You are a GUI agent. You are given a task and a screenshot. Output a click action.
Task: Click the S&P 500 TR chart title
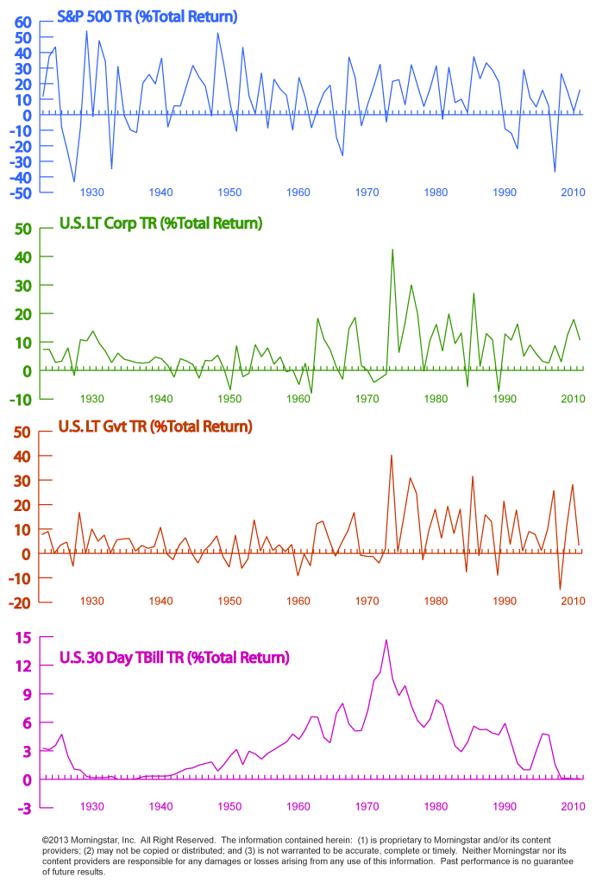tap(147, 16)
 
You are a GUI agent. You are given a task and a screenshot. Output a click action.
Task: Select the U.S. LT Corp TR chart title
tap(160, 224)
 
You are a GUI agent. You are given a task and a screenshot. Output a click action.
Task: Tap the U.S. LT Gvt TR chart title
tap(155, 426)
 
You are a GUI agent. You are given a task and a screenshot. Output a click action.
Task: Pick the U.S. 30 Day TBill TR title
tap(173, 658)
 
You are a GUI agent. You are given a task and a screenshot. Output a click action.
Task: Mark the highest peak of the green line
tap(392, 250)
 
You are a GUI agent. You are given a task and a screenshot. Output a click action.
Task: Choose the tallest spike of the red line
tap(392, 456)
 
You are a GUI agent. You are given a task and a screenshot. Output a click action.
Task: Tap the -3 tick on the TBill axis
tap(23, 808)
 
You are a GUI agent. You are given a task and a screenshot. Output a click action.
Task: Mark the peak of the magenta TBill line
tap(386, 640)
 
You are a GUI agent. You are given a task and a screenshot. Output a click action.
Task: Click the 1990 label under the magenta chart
tap(505, 806)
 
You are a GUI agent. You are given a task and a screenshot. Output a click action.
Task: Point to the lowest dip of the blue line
tap(74, 181)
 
